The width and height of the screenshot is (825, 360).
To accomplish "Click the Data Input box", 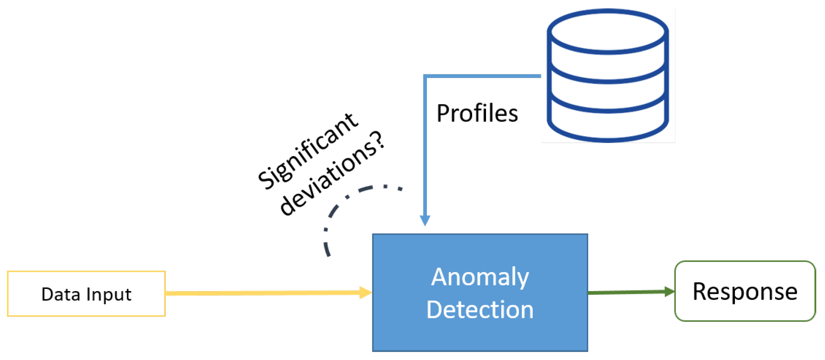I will [x=86, y=294].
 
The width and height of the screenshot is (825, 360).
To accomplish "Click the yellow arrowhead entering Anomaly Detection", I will [x=366, y=293].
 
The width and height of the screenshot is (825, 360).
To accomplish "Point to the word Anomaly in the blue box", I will [x=480, y=277].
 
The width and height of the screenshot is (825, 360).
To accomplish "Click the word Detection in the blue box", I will [x=480, y=310].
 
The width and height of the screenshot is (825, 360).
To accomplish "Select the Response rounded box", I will [x=744, y=291].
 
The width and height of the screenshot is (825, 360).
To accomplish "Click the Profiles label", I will [x=477, y=113].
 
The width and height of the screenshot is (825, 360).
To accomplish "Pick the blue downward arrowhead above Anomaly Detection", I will [x=425, y=221].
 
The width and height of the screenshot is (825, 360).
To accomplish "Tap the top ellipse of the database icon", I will [x=608, y=31].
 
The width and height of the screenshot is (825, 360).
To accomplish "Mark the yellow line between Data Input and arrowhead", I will [x=263, y=293].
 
